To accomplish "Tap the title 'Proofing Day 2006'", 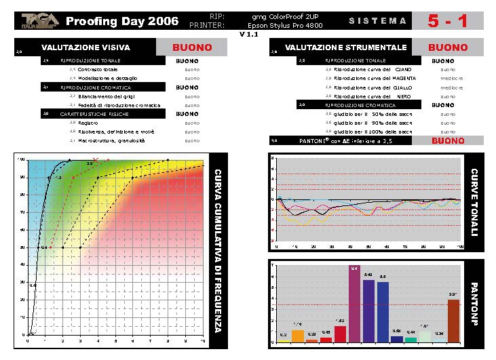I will click(122, 21).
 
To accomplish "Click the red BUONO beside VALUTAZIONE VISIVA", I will click(192, 48).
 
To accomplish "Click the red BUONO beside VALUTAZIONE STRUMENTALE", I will click(448, 48).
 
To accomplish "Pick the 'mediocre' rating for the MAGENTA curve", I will click(452, 79).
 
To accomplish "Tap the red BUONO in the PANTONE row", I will click(448, 141).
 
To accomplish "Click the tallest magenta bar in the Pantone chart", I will click(354, 305).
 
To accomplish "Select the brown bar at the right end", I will click(453, 321).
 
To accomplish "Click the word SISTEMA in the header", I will click(378, 21).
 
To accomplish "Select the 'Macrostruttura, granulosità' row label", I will click(112, 140).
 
